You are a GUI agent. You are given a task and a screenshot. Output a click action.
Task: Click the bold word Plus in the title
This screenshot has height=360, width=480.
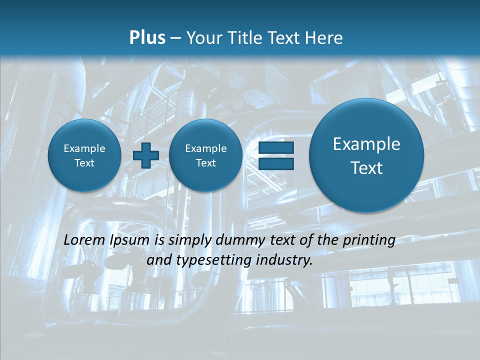147,38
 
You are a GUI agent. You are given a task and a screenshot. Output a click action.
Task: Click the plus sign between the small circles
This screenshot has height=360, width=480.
146,155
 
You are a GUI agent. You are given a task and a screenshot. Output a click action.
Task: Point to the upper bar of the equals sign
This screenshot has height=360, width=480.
276,148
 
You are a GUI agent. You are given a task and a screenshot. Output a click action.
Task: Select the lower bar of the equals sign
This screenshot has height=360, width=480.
276,163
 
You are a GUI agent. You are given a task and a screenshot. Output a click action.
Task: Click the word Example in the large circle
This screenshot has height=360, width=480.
366,144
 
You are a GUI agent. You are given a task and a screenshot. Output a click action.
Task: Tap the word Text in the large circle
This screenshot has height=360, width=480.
366,168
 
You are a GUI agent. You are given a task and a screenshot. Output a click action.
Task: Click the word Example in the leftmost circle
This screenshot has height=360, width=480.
84,148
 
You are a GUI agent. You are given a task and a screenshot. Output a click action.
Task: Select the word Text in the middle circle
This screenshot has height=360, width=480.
205,163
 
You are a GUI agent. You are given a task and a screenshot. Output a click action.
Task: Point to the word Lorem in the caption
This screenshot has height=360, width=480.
85,240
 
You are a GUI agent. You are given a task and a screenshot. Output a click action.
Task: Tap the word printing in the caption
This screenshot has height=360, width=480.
370,240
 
